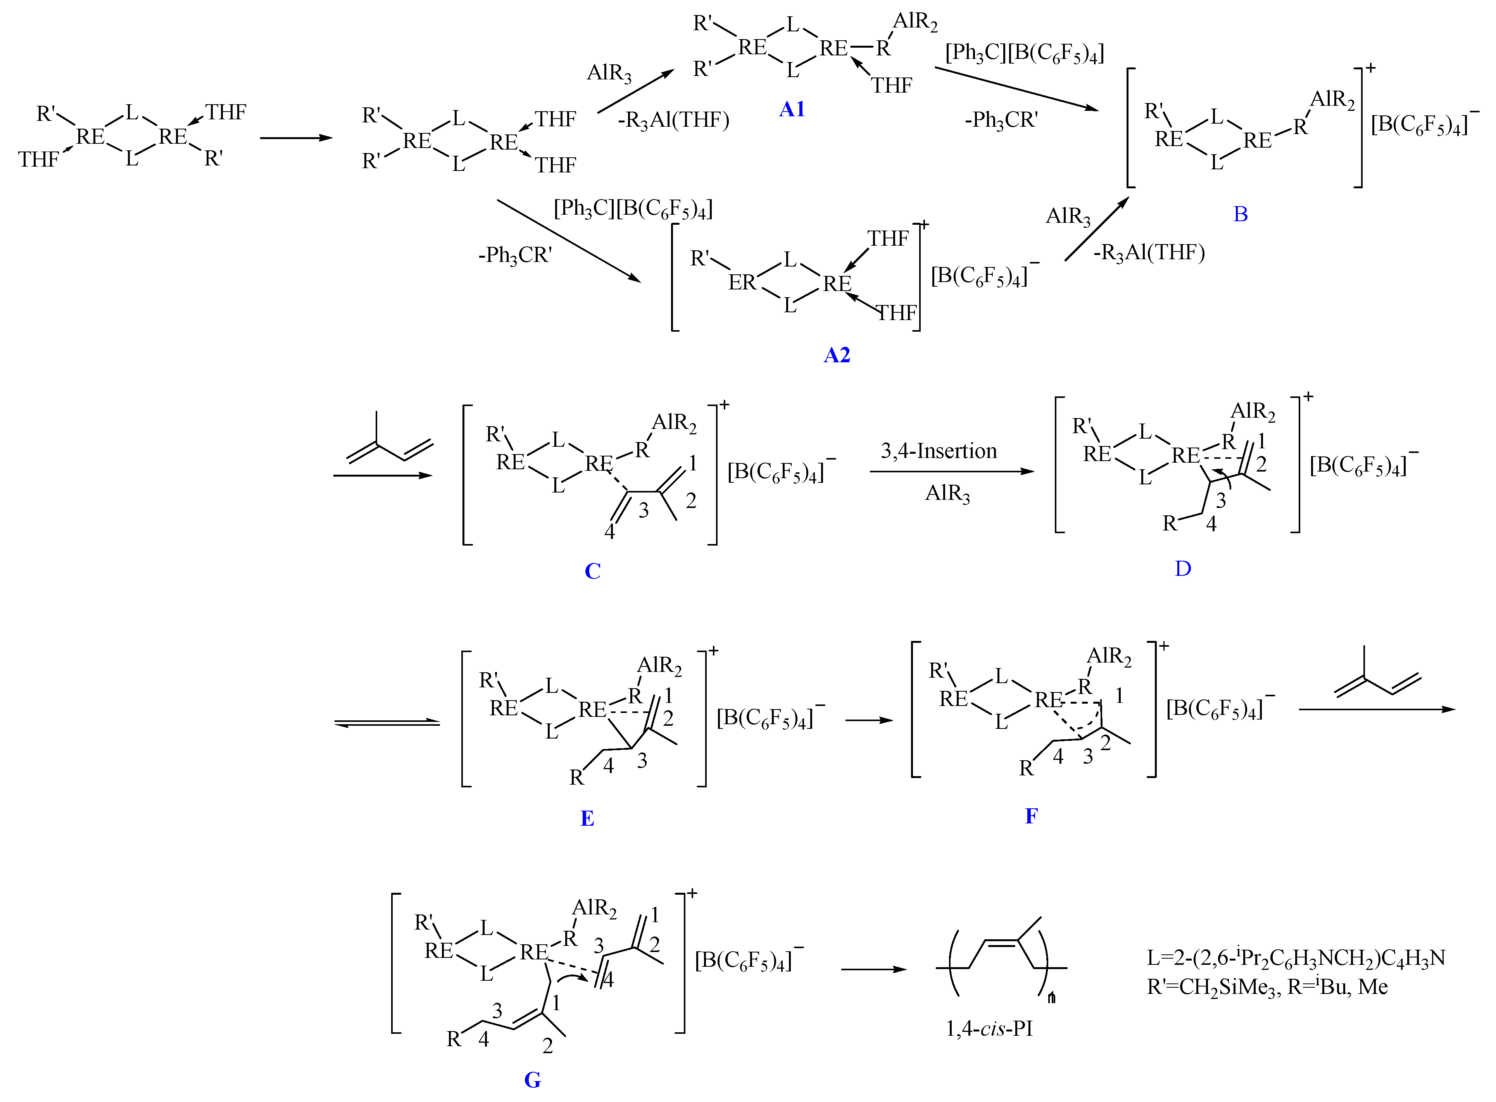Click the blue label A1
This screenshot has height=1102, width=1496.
coord(792,109)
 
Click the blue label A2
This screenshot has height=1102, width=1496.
coord(837,355)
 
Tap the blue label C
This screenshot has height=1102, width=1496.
coord(592,571)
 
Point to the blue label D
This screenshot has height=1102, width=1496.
coord(1182,568)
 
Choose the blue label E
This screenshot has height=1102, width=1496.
coord(587,818)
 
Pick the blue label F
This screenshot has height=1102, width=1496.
coord(1031,816)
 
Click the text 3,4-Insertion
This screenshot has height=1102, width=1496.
coord(938,451)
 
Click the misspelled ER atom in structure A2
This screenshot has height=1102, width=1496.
coord(742,282)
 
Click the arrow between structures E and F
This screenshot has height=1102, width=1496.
coord(869,720)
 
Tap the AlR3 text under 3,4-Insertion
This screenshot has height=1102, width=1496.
coord(947,494)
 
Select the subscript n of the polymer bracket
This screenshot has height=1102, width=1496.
coord(1052,998)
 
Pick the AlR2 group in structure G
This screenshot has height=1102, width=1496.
coord(594,908)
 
